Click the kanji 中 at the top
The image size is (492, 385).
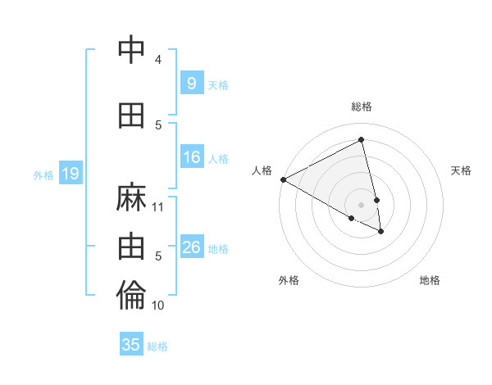tap(132, 51)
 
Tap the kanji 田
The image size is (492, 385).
tap(132, 115)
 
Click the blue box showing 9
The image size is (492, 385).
tap(191, 84)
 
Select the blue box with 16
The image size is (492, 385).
tap(192, 158)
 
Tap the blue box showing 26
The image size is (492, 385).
tap(192, 248)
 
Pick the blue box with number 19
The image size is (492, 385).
tap(70, 174)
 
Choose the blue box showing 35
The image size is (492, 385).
tap(131, 345)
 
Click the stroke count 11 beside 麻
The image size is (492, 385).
tap(158, 207)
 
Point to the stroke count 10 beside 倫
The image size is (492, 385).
tap(158, 306)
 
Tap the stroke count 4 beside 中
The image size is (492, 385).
tap(158, 59)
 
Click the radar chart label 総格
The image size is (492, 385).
tap(362, 106)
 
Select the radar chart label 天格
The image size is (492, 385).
tap(462, 170)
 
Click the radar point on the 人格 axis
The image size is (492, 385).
tap(283, 179)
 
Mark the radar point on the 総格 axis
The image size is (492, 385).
tap(362, 140)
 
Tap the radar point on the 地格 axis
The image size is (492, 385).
tap(381, 232)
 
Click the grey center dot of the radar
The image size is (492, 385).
tap(362, 204)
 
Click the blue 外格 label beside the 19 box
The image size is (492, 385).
tap(43, 174)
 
